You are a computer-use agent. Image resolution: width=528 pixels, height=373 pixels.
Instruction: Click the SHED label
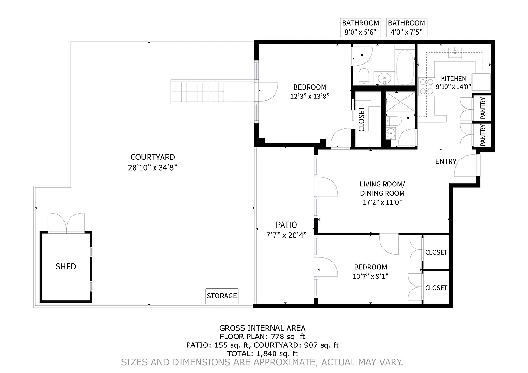[x=66, y=267]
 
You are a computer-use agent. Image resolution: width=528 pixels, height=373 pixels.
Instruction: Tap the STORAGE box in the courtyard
[x=222, y=296]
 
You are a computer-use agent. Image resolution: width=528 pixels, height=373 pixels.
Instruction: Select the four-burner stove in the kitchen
[x=427, y=86]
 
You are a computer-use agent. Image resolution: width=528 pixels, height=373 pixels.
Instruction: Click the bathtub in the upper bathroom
[x=404, y=67]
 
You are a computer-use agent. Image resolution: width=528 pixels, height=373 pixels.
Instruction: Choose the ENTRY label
[x=445, y=161]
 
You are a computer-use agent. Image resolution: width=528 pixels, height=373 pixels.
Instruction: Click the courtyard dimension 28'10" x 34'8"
[x=153, y=167]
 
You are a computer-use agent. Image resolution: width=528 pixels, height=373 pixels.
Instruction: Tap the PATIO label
[x=286, y=225]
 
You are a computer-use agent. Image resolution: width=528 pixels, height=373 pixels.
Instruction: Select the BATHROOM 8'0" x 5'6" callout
[x=360, y=28]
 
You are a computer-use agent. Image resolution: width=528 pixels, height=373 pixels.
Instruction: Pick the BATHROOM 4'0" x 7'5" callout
[x=406, y=28]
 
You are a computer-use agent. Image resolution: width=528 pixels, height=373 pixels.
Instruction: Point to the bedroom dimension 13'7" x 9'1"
[x=371, y=276]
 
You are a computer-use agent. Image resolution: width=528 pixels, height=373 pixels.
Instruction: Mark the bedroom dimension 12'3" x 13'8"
[x=309, y=97]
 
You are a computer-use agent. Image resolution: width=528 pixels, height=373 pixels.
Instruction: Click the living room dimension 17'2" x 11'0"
[x=382, y=202]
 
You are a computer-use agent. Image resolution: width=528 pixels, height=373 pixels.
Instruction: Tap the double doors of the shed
[x=67, y=223]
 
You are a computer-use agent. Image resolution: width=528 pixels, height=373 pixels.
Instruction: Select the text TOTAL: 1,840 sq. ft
[x=262, y=353]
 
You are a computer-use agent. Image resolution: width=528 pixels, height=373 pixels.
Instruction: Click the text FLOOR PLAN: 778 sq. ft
[x=262, y=337]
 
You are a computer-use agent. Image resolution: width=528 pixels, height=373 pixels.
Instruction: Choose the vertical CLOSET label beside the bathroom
[x=362, y=119]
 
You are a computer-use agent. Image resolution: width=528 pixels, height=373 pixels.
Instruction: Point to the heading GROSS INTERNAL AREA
[x=262, y=328]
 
